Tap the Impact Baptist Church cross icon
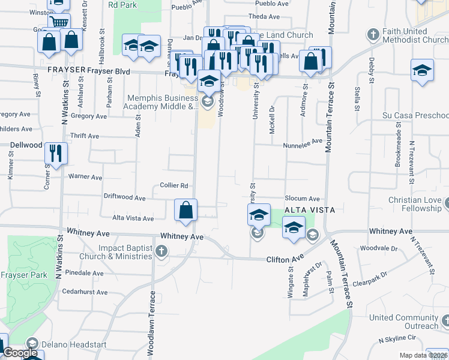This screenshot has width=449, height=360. (161, 251)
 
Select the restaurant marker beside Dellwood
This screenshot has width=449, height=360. (55, 153)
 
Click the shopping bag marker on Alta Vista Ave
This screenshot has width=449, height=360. (186, 210)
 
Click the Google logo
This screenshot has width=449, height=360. (20, 353)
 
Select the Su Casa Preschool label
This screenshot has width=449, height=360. (415, 115)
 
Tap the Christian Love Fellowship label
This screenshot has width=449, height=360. (414, 204)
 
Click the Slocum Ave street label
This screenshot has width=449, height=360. (301, 198)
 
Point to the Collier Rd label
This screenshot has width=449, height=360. (174, 185)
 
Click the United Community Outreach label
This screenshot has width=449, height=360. (404, 322)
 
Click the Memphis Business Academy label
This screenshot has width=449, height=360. (162, 103)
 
